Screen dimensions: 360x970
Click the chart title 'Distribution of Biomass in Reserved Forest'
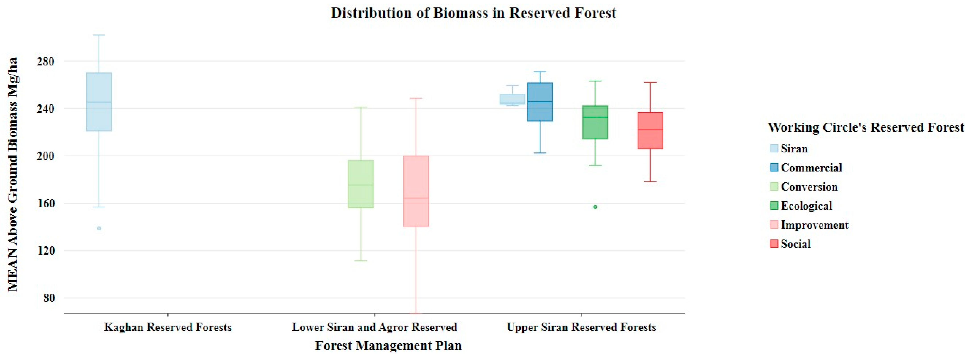coord(473,13)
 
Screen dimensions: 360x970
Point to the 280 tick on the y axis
coord(45,61)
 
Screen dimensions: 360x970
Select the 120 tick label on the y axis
coord(45,251)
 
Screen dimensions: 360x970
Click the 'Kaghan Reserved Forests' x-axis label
coord(168,327)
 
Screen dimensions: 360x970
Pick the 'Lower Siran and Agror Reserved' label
coord(374,327)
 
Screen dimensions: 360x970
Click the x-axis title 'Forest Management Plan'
coord(388,345)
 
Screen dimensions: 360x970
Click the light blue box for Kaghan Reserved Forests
coord(99,102)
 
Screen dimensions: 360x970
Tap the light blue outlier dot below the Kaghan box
coord(99,228)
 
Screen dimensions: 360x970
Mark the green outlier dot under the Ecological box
coord(595,207)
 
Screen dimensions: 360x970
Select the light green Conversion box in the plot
coord(361,184)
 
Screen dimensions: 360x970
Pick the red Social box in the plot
coord(650,130)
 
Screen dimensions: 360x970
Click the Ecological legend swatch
coord(774,206)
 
